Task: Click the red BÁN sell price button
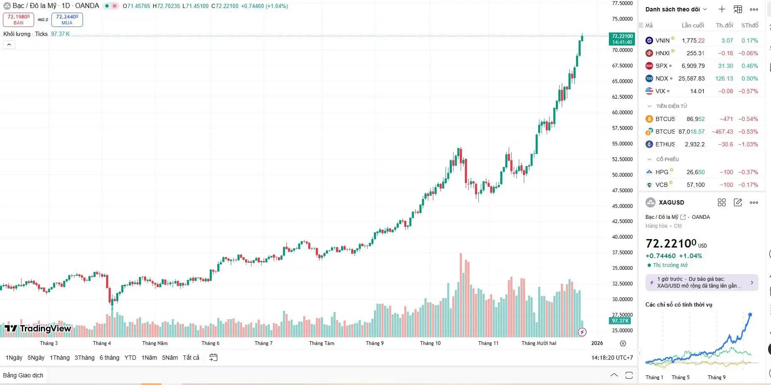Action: coord(19,19)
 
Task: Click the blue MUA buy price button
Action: coord(67,19)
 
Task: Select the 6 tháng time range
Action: coord(109,358)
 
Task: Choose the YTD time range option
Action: coord(130,358)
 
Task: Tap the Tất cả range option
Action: coord(191,358)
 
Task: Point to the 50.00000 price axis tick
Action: coord(622,175)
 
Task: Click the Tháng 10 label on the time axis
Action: coord(430,343)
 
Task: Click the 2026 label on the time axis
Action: coord(597,343)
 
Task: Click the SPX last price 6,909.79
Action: coord(693,66)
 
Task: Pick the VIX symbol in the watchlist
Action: coord(660,91)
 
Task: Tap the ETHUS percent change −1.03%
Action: coord(748,144)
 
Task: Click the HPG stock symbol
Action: coord(662,172)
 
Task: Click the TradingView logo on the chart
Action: coord(38,328)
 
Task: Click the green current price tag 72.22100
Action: coord(622,39)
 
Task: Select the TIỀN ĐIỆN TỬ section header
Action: coord(671,106)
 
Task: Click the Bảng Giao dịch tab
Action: coord(23,375)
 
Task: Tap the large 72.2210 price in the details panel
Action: coord(671,244)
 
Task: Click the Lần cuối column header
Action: coord(693,25)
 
